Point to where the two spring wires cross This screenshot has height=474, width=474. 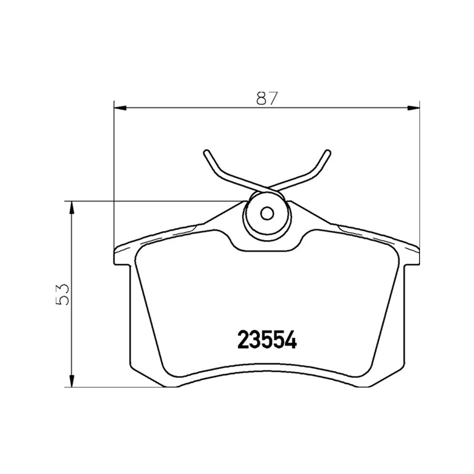(267, 188)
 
